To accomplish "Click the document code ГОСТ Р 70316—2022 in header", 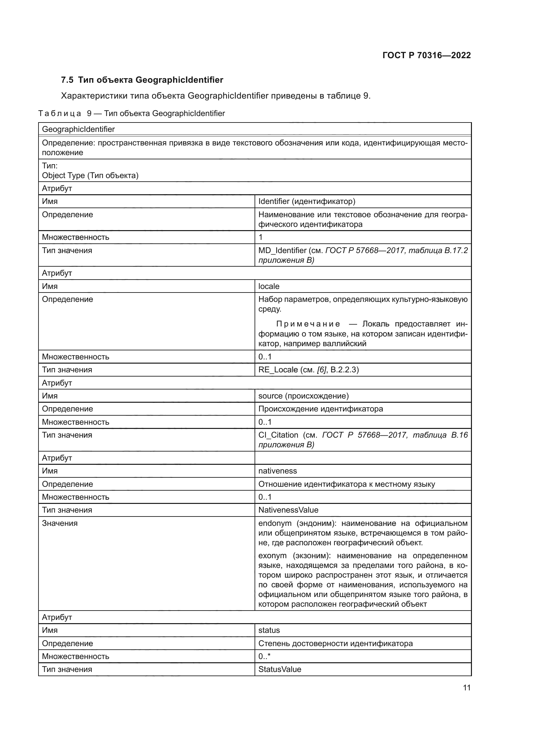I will click(426, 55).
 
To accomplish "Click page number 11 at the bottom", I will click(466, 687).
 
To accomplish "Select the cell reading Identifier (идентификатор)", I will click(306, 201).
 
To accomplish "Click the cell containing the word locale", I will click(268, 286).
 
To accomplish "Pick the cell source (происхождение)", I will click(303, 396).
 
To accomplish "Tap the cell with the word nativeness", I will click(278, 471).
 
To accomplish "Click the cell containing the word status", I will click(269, 630).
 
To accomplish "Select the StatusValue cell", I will click(279, 669).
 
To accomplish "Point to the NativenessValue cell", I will click(288, 510).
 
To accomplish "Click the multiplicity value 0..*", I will click(264, 656).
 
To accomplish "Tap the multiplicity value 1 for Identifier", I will click(261, 237).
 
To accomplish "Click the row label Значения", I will click(60, 523).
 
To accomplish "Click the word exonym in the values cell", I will click(272, 556).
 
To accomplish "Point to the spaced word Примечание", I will click(308, 324).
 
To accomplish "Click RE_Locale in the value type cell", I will click(278, 370).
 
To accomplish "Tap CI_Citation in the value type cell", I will click(278, 435).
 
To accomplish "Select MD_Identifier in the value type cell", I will click(282, 250).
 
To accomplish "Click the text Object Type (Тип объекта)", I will click(90, 176).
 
